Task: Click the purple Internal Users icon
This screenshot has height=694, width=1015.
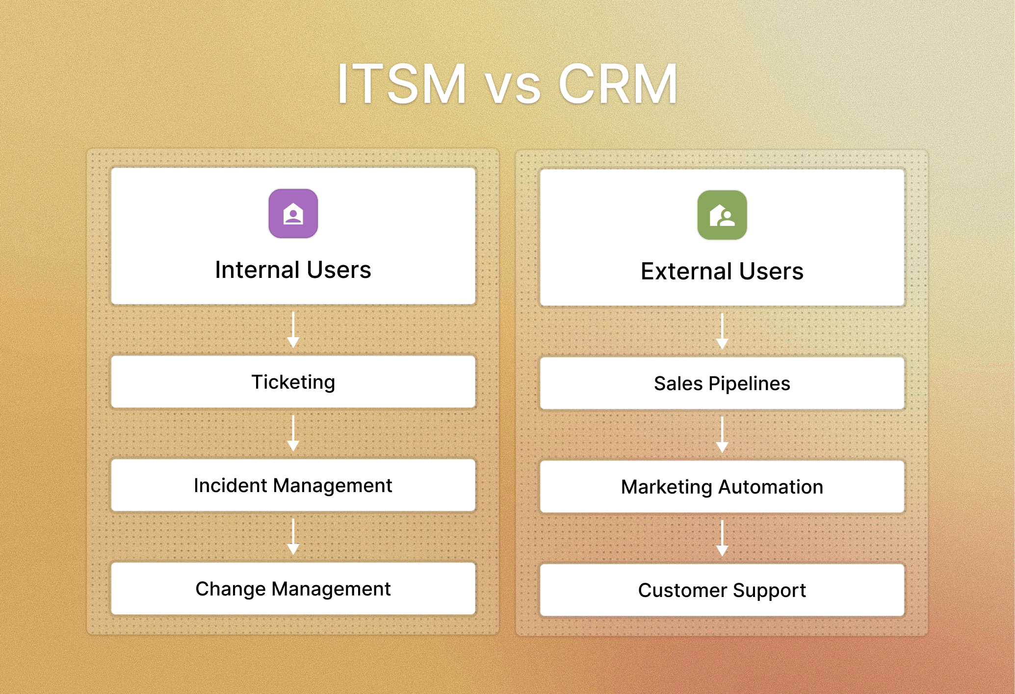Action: pyautogui.click(x=293, y=214)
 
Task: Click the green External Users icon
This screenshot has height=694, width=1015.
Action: pyautogui.click(x=722, y=215)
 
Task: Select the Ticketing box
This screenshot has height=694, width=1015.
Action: pyautogui.click(x=293, y=382)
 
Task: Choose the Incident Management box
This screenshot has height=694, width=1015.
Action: pyautogui.click(x=293, y=485)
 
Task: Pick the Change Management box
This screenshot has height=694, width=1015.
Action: pyautogui.click(x=293, y=589)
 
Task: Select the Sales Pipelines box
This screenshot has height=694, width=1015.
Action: pyautogui.click(x=722, y=383)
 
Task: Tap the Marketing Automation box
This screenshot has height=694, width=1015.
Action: pyautogui.click(x=722, y=487)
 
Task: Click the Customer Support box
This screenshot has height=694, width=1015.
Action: pyautogui.click(x=722, y=590)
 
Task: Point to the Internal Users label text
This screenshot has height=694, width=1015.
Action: pyautogui.click(x=293, y=270)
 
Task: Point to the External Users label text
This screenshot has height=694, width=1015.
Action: pyautogui.click(x=722, y=272)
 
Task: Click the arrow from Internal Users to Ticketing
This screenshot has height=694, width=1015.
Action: pyautogui.click(x=293, y=330)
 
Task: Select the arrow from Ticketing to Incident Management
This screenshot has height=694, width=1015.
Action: pyautogui.click(x=293, y=433)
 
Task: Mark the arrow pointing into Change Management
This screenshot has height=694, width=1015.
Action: pyautogui.click(x=293, y=537)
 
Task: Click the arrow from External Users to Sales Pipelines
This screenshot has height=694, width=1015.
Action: pyautogui.click(x=722, y=331)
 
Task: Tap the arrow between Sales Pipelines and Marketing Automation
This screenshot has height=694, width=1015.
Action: pyautogui.click(x=722, y=435)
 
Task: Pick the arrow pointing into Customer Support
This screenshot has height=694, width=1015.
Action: pyautogui.click(x=722, y=538)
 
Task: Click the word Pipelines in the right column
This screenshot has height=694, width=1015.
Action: pyautogui.click(x=749, y=384)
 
